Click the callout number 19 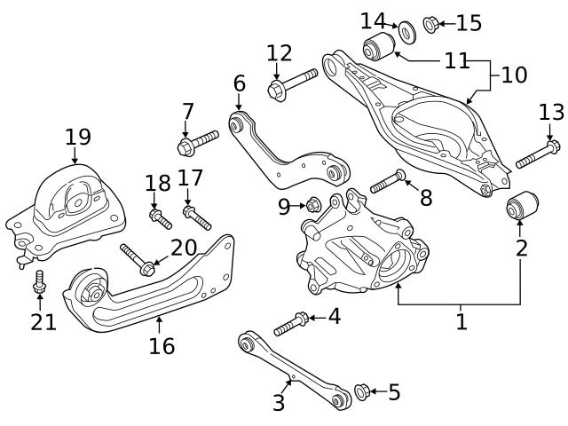coord(77,137)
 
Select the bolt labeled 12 coord(292,84)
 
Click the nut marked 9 coord(312,206)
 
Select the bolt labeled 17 coord(197,217)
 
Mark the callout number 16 coord(162,345)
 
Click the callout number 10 coord(514,75)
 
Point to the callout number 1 coord(461,321)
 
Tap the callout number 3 coord(279,404)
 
